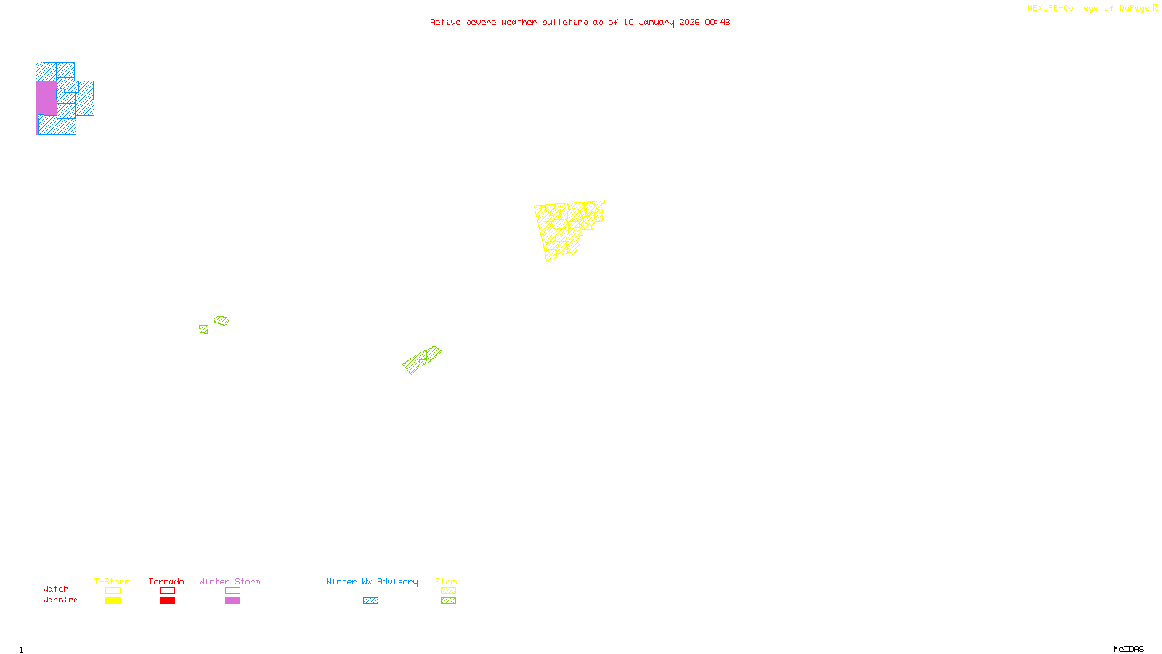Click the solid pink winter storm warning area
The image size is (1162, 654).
coord(46,97)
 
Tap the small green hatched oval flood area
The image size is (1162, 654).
coord(222,320)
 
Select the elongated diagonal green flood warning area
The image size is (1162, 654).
coord(422,360)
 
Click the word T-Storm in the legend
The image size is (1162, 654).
coord(112,581)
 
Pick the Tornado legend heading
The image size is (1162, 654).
coord(166,581)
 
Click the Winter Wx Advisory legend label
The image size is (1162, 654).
coord(372,581)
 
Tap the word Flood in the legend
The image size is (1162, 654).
coord(448,581)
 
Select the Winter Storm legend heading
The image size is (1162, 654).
coord(229,581)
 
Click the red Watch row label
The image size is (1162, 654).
coord(56,589)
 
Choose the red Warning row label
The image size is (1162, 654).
coord(60,600)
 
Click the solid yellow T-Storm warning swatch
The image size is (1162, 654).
coord(113,601)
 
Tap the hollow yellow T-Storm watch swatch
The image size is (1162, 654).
coord(113,591)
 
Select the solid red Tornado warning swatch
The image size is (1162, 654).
coord(167,601)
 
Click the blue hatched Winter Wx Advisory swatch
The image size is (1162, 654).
coord(370,601)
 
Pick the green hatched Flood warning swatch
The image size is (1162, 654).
coord(448,601)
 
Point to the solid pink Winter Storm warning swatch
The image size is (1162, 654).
coord(232,601)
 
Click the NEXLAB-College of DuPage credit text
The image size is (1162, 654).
coord(1089,9)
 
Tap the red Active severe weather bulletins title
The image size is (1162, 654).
coord(580,22)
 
